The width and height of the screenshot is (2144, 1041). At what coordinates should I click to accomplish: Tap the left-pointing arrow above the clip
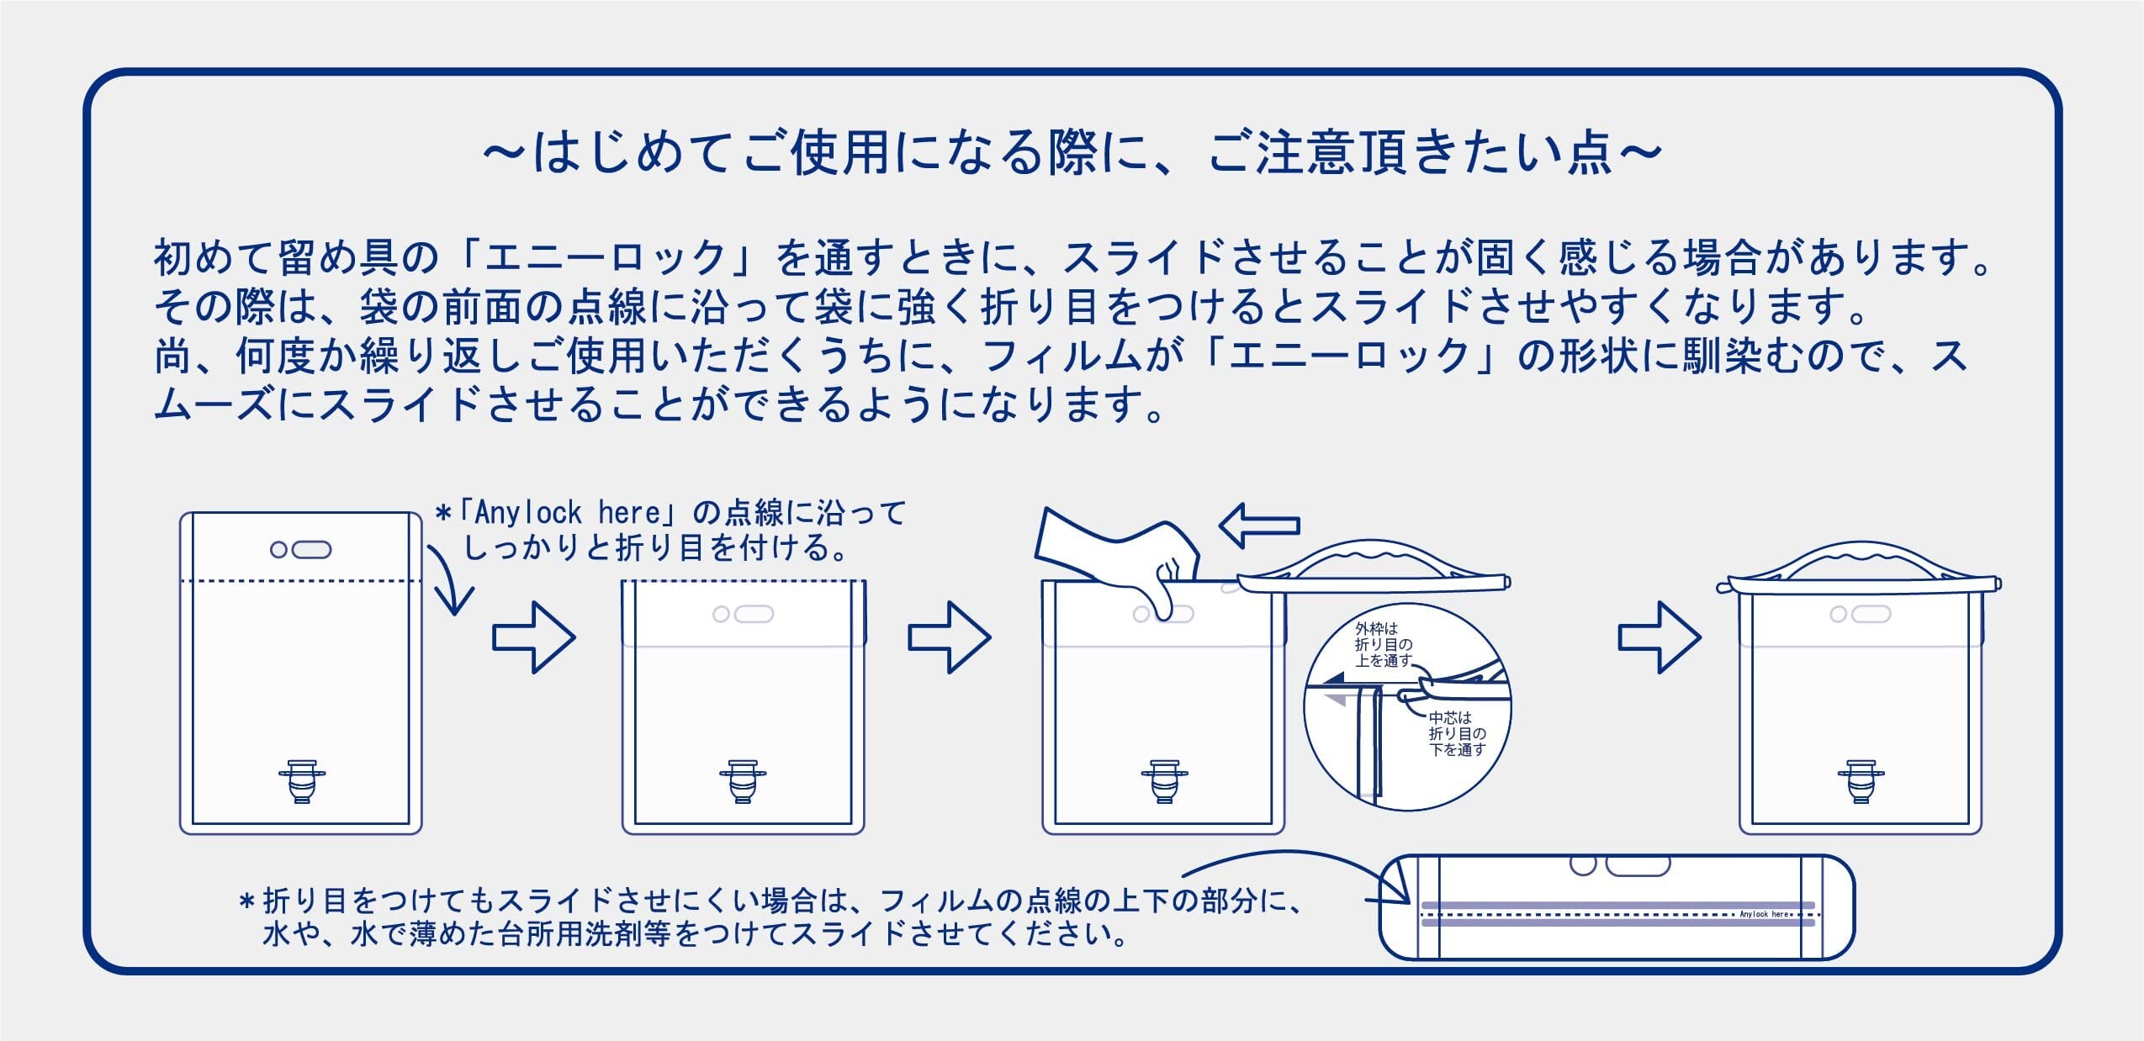pos(1259,526)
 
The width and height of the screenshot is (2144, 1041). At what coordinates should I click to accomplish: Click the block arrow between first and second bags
pos(533,637)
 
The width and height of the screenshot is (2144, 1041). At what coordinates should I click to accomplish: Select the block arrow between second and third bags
pos(949,637)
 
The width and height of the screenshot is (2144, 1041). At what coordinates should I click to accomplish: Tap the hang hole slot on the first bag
pos(310,550)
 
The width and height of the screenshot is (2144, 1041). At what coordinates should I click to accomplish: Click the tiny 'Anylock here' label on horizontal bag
pos(1765,914)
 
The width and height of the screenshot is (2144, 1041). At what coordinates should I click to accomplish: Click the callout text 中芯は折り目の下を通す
pos(1456,733)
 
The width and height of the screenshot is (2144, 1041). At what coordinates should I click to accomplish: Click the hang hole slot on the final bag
pos(1871,615)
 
